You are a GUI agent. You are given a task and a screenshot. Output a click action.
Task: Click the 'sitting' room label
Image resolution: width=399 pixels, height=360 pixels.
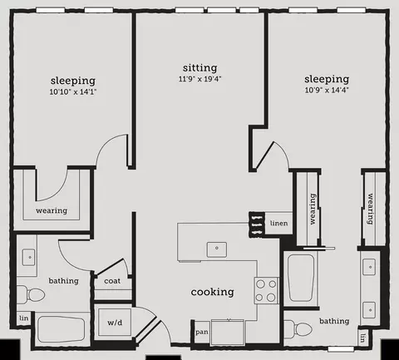click(199, 67)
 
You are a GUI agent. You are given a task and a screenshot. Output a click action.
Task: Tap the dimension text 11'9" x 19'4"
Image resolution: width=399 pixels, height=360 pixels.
click(199, 79)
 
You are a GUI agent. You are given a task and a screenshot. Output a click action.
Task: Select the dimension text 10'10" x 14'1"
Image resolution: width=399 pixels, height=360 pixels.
click(73, 91)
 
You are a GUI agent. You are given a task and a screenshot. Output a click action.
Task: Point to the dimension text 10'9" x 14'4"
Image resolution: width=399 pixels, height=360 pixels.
click(327, 90)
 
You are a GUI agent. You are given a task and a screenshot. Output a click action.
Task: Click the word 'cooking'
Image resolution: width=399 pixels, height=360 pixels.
click(212, 292)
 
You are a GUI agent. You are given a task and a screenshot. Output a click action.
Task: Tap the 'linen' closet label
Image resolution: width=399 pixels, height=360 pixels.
click(278, 223)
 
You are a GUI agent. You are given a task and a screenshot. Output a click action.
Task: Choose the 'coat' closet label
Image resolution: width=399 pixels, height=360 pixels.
click(112, 281)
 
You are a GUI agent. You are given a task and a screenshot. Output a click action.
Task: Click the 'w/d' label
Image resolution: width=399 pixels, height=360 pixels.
click(115, 323)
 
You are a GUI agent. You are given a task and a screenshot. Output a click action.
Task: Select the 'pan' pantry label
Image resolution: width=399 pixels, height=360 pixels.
click(202, 332)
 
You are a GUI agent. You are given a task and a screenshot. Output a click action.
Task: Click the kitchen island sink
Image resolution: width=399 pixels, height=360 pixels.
click(217, 249)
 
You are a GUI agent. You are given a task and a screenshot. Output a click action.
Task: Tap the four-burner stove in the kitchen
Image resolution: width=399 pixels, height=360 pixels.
click(266, 290)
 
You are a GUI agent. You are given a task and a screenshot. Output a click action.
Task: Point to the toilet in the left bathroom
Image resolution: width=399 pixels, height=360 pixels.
click(31, 294)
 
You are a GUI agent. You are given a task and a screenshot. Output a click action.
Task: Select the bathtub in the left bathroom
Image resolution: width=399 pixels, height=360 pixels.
click(61, 330)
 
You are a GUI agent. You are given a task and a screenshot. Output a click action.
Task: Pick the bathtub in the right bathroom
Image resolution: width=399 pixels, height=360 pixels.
click(301, 278)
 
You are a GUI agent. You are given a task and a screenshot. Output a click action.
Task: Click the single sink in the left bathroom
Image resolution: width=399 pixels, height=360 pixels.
click(28, 257)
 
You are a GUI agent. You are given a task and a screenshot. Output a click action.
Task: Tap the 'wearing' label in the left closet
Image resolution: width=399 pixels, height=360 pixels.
click(52, 210)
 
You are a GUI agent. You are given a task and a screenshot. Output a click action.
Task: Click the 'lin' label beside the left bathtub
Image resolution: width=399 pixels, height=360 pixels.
click(24, 318)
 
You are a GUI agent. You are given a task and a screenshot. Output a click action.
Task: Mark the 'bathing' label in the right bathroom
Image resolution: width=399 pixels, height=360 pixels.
click(334, 321)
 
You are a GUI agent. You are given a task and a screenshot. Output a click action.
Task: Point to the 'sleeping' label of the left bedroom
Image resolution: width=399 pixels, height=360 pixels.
click(73, 81)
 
